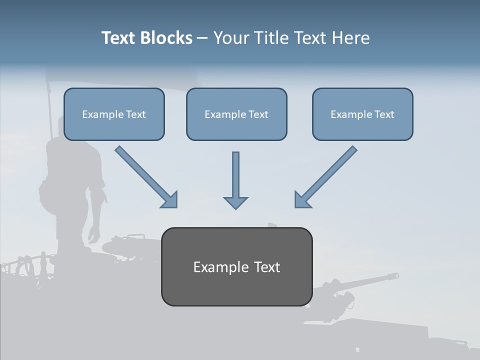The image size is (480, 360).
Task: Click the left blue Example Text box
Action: pos(114,114)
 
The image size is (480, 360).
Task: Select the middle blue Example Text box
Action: pos(236,114)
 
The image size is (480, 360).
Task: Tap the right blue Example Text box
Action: pos(362,114)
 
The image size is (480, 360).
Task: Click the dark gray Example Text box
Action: pos(236,266)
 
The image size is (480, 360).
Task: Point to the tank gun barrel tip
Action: pos(396,275)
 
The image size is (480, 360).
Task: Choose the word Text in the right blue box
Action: pos(384,114)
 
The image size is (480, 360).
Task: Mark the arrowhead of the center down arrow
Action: pos(235,202)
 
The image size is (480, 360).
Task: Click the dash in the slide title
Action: pos(202,38)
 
